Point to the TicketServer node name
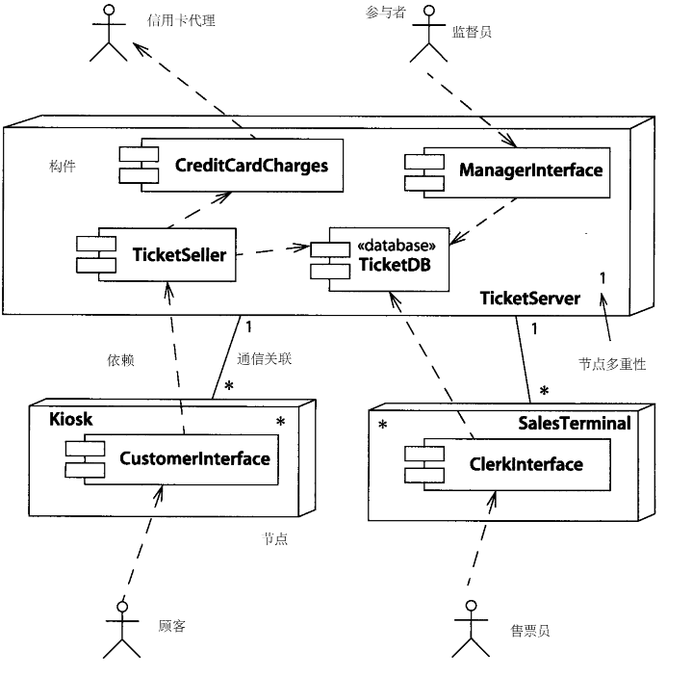coord(529,299)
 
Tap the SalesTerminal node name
coord(574,424)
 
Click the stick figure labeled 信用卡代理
coord(109,34)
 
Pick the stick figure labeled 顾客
coord(121,629)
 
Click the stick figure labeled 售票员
coord(471,629)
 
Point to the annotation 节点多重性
coord(611,364)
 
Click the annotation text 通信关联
coord(264,360)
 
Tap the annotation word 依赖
coord(120,360)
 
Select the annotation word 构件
coord(62,167)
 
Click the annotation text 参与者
coord(386,13)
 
